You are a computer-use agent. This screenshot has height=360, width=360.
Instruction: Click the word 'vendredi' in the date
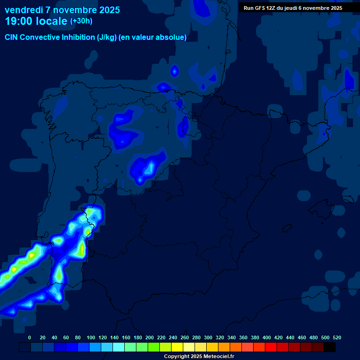[23, 10]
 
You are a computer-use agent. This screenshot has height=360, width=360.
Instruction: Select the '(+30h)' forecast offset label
[81, 21]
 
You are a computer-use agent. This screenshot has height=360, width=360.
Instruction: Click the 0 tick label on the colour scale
[30, 337]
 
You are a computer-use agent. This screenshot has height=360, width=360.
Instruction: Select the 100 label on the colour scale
[91, 337]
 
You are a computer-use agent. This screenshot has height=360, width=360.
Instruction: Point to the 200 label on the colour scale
[150, 337]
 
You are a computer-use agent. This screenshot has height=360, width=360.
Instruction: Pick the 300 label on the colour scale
[208, 337]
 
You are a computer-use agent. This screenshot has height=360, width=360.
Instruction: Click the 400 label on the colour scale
[267, 337]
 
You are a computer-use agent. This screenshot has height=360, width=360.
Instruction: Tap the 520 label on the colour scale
[337, 337]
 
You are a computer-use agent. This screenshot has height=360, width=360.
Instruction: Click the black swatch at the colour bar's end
[330, 347]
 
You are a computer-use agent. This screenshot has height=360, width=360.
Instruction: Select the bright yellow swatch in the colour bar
[177, 347]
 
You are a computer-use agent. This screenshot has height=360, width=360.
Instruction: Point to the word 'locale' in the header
[52, 21]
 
